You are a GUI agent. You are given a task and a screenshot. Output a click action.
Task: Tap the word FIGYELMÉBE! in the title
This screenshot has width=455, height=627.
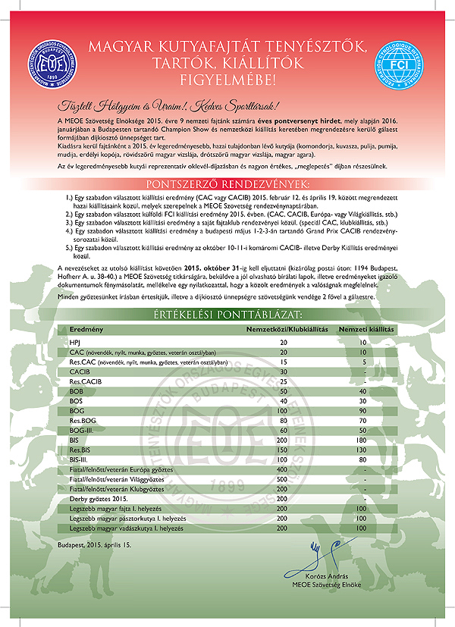tap(227, 78)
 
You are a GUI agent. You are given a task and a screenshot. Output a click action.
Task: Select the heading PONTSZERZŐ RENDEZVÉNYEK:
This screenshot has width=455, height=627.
tap(227, 184)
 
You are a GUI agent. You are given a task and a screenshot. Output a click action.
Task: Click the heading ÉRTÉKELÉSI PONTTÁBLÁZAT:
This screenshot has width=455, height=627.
tap(227, 313)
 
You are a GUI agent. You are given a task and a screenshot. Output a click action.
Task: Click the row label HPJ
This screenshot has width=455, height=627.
tap(74, 343)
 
